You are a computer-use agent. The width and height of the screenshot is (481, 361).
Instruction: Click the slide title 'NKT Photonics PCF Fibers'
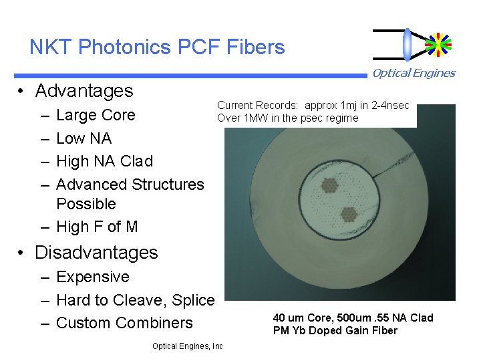click(x=157, y=47)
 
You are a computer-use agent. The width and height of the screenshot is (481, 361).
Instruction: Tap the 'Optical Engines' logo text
click(x=414, y=74)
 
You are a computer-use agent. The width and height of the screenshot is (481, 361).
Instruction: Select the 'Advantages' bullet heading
click(x=84, y=91)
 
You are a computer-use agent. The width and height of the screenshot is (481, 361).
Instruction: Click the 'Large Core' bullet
click(x=96, y=115)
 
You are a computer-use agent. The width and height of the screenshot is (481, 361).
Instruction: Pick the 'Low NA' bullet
click(x=84, y=138)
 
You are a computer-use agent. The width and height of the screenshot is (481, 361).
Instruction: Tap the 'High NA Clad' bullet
click(x=104, y=161)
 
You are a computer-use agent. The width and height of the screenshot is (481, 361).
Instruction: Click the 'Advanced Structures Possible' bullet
click(x=130, y=193)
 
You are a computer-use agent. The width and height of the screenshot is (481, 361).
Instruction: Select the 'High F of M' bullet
click(x=97, y=227)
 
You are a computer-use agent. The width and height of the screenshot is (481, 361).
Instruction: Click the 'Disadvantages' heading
click(x=96, y=253)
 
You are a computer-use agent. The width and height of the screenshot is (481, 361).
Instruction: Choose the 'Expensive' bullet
click(x=93, y=277)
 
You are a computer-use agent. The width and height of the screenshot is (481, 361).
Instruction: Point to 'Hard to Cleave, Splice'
click(x=135, y=299)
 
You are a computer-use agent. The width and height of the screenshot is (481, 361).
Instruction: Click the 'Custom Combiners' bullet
click(x=124, y=323)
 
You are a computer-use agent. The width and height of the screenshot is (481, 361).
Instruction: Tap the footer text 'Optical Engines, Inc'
click(x=187, y=346)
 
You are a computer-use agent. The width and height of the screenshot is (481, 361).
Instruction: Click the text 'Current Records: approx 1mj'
click(x=313, y=106)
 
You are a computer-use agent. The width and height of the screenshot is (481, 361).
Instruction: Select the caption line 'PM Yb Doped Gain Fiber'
click(x=335, y=330)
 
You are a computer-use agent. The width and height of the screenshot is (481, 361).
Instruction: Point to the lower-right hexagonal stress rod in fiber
click(x=348, y=214)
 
